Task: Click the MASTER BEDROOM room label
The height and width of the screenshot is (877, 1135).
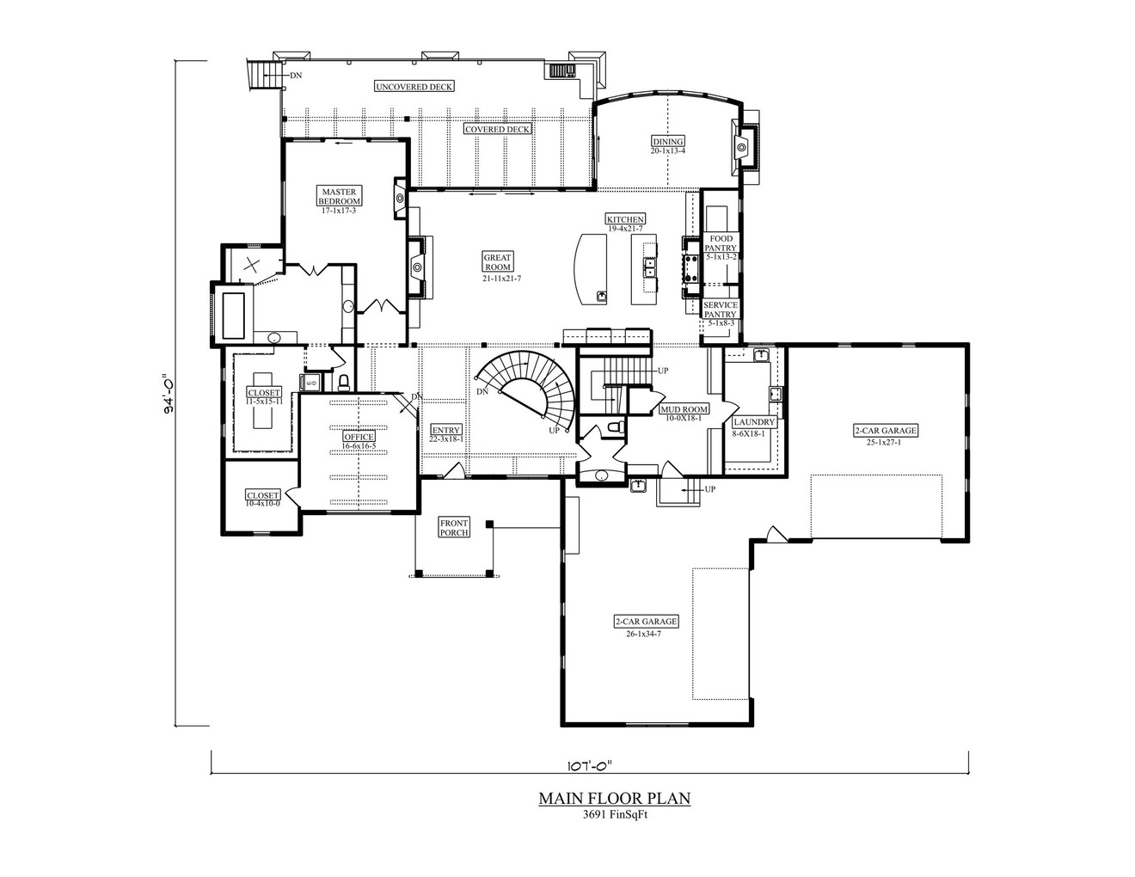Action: click(x=340, y=196)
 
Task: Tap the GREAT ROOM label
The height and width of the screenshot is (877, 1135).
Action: click(x=497, y=262)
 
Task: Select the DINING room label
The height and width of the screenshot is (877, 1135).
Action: click(x=667, y=142)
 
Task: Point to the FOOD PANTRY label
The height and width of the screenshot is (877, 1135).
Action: click(x=721, y=243)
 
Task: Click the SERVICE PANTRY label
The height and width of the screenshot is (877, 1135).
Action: click(x=721, y=310)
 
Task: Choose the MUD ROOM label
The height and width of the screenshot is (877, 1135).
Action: click(x=684, y=409)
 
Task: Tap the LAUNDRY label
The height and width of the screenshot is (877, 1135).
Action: click(x=754, y=422)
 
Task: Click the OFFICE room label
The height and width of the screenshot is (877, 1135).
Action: click(x=359, y=437)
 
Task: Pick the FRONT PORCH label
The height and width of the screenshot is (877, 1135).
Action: click(x=454, y=527)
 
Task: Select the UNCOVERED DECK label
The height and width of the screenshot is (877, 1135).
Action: click(x=414, y=86)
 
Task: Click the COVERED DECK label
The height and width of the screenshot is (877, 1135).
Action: click(x=497, y=129)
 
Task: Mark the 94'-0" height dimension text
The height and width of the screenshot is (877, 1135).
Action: click(x=170, y=393)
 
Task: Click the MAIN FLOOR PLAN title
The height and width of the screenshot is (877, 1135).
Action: click(x=614, y=799)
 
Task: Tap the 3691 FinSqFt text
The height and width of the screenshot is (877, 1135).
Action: click(x=614, y=816)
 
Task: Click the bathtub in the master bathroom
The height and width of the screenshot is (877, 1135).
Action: click(x=234, y=315)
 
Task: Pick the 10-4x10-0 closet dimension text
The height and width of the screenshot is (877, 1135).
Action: click(x=262, y=503)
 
